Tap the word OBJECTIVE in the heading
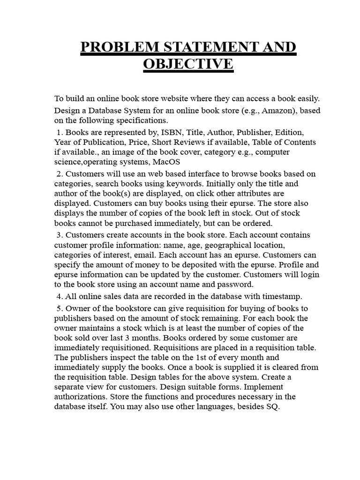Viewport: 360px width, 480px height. pos(187,63)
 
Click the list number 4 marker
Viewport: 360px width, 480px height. pos(59,296)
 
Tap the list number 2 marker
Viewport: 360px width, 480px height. pos(59,173)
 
